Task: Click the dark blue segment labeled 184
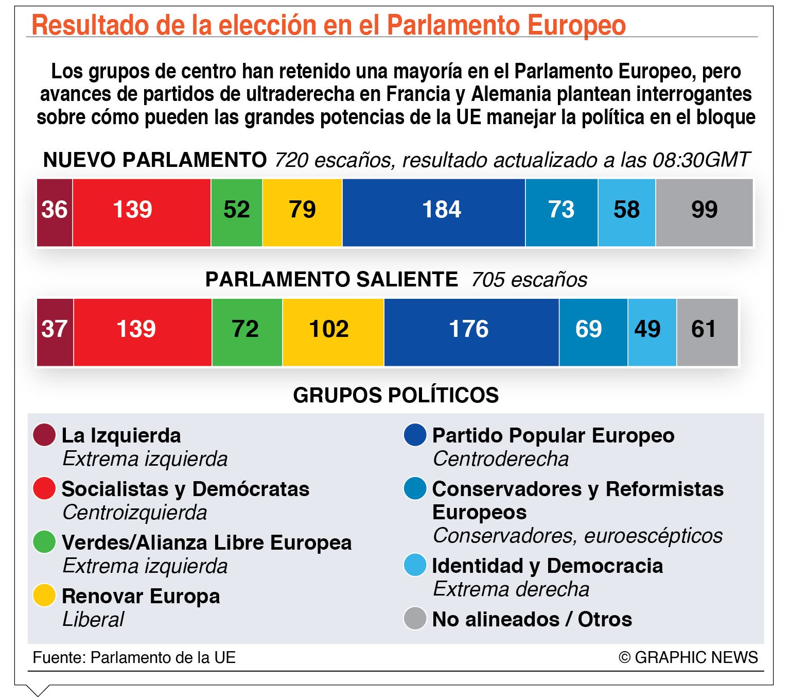click(x=434, y=213)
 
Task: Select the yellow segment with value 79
click(x=302, y=213)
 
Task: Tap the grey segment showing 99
click(x=704, y=213)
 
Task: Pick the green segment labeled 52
click(x=237, y=213)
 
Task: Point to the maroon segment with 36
click(x=55, y=213)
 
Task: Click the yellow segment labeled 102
click(x=333, y=332)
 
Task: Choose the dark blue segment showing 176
click(x=471, y=332)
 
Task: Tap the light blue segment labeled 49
click(x=652, y=332)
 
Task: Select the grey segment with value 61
click(x=707, y=332)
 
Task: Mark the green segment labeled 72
click(x=247, y=332)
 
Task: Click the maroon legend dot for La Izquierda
click(x=44, y=435)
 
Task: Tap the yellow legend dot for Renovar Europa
click(x=44, y=595)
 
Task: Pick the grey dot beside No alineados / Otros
click(x=415, y=618)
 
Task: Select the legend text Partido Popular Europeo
click(x=553, y=435)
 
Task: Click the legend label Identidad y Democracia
click(x=548, y=566)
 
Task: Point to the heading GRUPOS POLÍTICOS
click(x=396, y=395)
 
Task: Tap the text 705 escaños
click(x=529, y=280)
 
